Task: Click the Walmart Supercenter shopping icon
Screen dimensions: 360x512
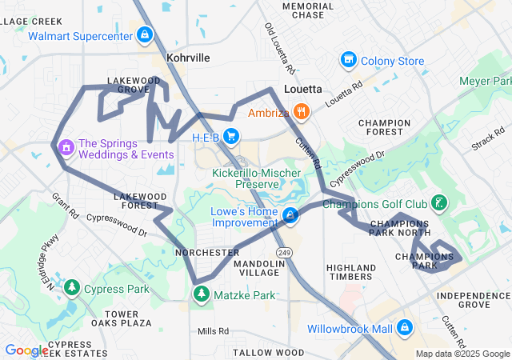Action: click(145, 35)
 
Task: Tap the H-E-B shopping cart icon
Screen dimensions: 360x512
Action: click(231, 136)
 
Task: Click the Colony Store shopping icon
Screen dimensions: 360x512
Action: click(348, 60)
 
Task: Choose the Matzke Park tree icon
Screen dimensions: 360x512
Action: click(200, 295)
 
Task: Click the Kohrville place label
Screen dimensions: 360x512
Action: click(188, 58)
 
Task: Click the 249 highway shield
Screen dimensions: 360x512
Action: click(286, 252)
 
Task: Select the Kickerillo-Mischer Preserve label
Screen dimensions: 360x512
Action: click(251, 178)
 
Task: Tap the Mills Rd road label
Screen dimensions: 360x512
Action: click(213, 330)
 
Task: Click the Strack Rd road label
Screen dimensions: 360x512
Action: click(488, 138)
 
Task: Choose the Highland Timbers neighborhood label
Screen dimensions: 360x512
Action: click(351, 272)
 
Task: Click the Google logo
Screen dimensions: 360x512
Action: click(26, 350)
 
